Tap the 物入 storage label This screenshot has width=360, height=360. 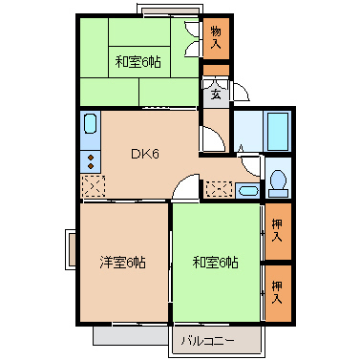pyautogui.click(x=216, y=38)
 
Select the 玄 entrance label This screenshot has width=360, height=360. pyautogui.click(x=216, y=94)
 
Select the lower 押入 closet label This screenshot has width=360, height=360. pyautogui.click(x=277, y=291)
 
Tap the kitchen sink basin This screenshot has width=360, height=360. pyautogui.click(x=91, y=124)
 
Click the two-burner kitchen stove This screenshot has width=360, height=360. pyautogui.click(x=91, y=159)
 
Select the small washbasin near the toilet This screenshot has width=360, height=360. pyautogui.click(x=246, y=189)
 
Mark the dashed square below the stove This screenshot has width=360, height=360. pyautogui.click(x=93, y=186)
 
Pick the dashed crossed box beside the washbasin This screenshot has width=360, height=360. pyautogui.click(x=219, y=189)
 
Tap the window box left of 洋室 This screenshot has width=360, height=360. pyautogui.click(x=70, y=249)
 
